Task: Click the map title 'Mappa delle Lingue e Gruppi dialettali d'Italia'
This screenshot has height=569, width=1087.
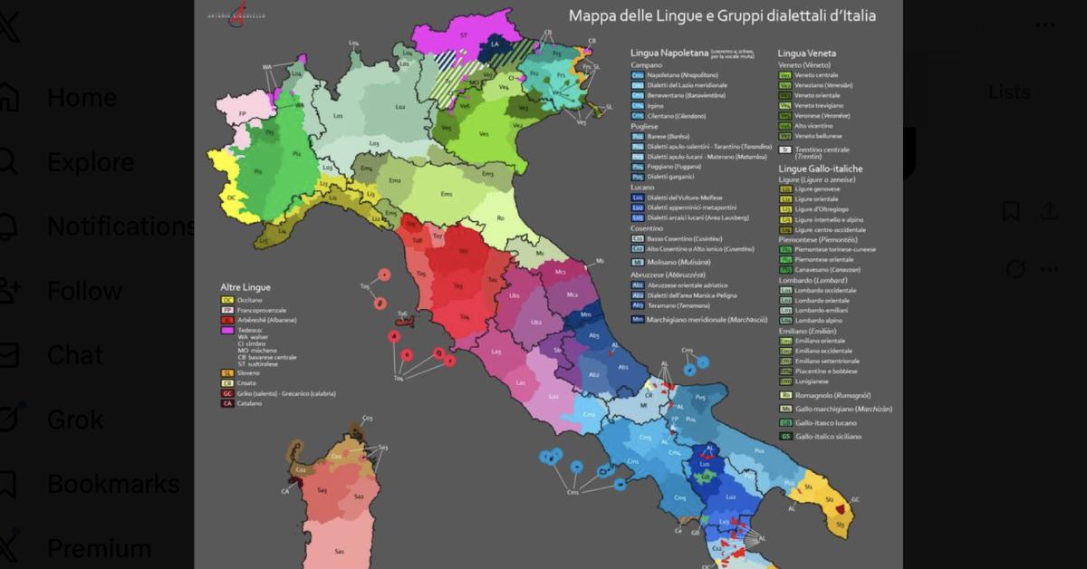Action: [x=722, y=15]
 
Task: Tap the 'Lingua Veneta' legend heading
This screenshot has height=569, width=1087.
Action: [x=806, y=53]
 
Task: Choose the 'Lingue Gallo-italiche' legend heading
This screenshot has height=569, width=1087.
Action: [x=821, y=169]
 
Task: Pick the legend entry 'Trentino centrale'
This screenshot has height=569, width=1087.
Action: [x=822, y=149]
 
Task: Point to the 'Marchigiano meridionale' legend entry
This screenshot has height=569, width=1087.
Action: [x=707, y=320]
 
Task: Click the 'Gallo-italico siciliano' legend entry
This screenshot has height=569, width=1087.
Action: [x=827, y=437]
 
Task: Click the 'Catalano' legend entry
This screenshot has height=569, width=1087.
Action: [x=251, y=403]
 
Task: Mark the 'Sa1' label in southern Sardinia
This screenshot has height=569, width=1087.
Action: [x=339, y=551]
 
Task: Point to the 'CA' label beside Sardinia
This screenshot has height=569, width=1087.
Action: [x=284, y=491]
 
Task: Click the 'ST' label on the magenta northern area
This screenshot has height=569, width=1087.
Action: [x=463, y=34]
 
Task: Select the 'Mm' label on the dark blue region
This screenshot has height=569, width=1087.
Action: [x=585, y=314]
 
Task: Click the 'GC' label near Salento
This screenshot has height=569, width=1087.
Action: [x=855, y=499]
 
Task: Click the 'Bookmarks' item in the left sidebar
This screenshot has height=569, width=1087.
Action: [x=100, y=484]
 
